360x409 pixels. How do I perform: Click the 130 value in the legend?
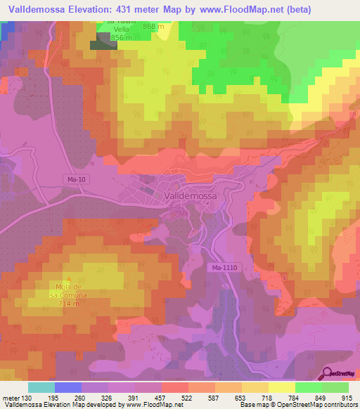click(25, 397)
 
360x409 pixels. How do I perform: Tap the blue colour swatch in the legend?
click(68, 387)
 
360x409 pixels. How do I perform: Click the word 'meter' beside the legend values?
click(9, 397)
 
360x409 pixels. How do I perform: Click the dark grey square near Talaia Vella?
click(103, 44)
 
